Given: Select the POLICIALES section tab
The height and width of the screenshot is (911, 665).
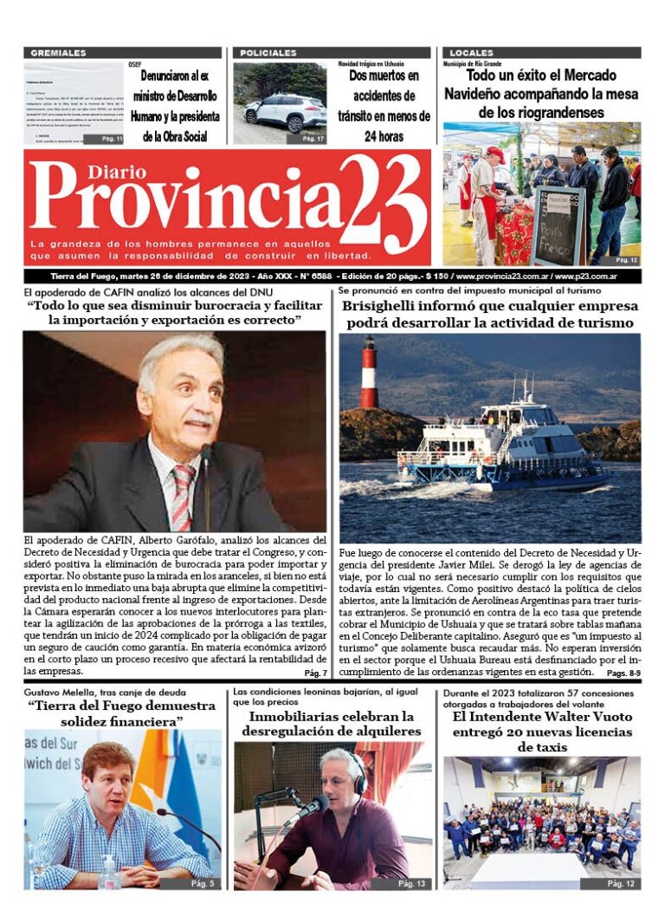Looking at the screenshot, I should point(268,53).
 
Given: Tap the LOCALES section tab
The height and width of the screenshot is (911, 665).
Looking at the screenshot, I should point(472,53).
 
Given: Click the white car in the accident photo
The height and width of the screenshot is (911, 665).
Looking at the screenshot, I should point(285,113).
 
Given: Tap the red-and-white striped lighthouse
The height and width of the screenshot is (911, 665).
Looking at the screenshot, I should point(369,374).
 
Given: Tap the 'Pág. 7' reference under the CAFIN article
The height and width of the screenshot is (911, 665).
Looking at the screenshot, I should point(315,673).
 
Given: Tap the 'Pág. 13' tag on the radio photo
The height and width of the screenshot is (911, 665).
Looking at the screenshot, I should point(411,883).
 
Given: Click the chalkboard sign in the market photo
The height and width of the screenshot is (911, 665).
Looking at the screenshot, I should point(556,227).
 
